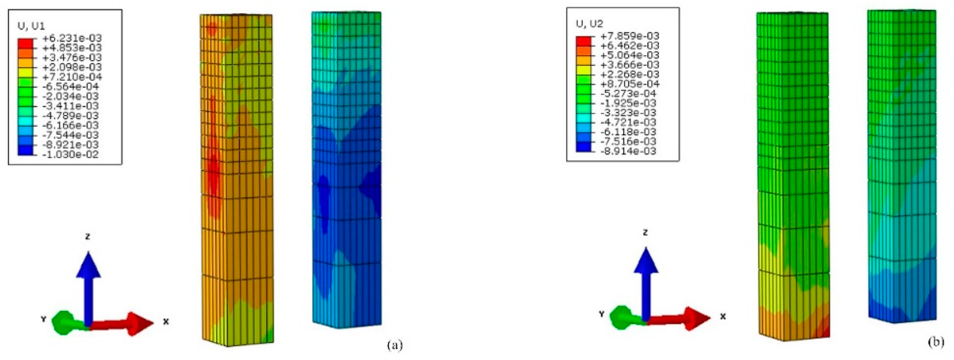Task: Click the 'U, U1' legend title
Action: (32, 26)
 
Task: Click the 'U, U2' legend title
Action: (589, 24)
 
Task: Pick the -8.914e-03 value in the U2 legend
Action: (627, 151)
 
